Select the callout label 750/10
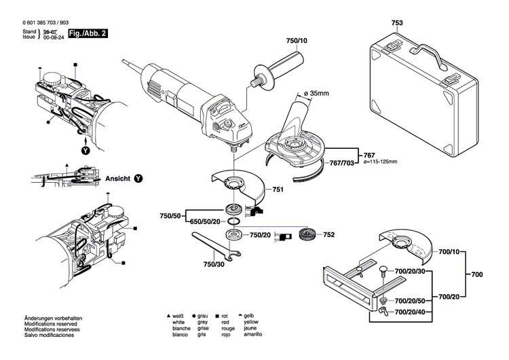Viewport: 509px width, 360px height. coord(297,41)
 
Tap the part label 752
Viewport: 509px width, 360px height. coord(329,235)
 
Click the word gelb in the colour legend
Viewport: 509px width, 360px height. coord(249,317)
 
